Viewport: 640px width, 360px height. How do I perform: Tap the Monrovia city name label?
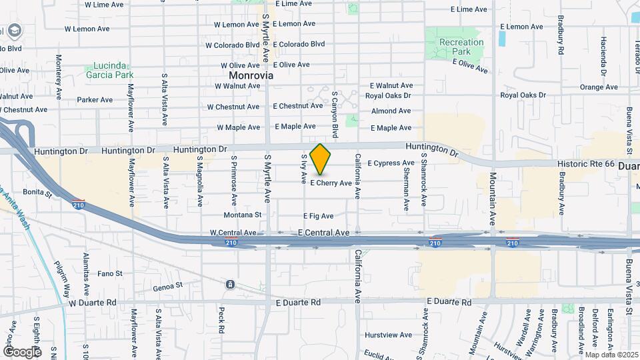tap(247, 76)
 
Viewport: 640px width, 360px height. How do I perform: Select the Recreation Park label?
tap(461, 47)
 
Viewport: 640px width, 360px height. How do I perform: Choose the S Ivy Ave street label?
tap(304, 169)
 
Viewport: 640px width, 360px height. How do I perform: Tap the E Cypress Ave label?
tap(391, 163)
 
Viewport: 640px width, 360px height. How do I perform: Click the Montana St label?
tap(243, 215)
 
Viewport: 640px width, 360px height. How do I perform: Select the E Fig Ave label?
tap(319, 216)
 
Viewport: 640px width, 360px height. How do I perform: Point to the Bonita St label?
tap(37, 193)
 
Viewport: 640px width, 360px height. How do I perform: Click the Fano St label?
tap(110, 273)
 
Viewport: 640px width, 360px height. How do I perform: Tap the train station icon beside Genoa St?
tap(230, 285)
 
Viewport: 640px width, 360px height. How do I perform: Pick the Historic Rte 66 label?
tap(586, 163)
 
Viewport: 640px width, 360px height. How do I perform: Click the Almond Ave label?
tap(391, 111)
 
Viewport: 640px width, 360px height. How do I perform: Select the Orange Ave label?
tap(599, 87)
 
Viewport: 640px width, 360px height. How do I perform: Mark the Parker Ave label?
tap(95, 100)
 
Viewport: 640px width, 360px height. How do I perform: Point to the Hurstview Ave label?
tap(389, 335)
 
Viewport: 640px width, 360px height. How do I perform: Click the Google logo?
tap(22, 351)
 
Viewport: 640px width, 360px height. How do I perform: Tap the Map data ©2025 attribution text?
tap(611, 355)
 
